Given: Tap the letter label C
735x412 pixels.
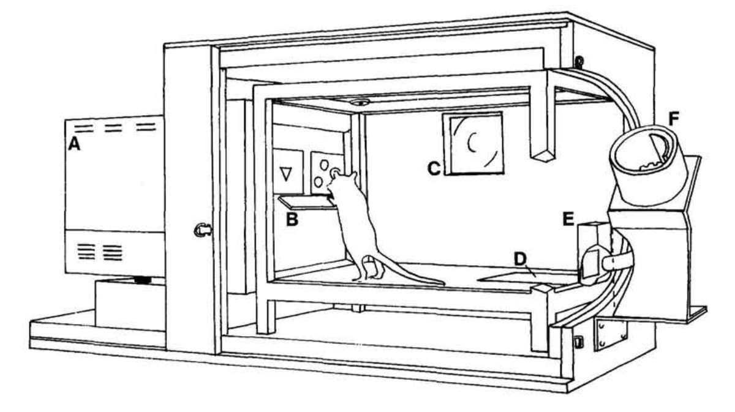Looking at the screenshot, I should point(434,169).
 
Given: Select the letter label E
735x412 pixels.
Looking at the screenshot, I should point(568,218).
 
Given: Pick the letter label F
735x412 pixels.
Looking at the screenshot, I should point(674,118).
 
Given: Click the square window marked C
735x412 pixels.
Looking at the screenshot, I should point(473,143).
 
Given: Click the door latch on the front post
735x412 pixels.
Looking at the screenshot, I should point(202,230).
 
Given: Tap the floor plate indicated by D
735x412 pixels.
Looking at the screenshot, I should point(521,277).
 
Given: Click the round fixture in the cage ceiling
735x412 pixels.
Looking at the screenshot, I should point(360,102).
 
